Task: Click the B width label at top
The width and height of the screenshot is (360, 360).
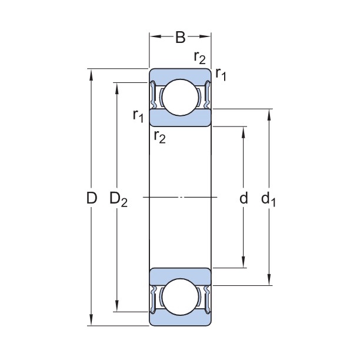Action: coord(180,38)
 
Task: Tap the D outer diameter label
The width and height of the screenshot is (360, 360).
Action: coord(91,198)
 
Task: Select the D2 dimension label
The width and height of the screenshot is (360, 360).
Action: coord(118,199)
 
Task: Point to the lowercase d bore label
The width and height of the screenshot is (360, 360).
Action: coord(244,198)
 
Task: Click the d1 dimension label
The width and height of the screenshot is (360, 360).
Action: coord(269,199)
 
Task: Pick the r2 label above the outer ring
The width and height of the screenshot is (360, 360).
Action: coord(199,57)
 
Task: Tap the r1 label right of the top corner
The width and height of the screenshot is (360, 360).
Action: coord(221,74)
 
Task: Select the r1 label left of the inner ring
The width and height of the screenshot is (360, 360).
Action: coord(138,115)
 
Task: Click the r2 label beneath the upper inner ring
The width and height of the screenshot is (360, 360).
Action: coord(159,137)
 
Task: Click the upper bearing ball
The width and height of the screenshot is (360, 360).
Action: coord(180,98)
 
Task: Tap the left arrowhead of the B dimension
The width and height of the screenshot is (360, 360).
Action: coord(153,36)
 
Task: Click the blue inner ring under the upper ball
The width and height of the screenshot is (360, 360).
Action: coord(180,119)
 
